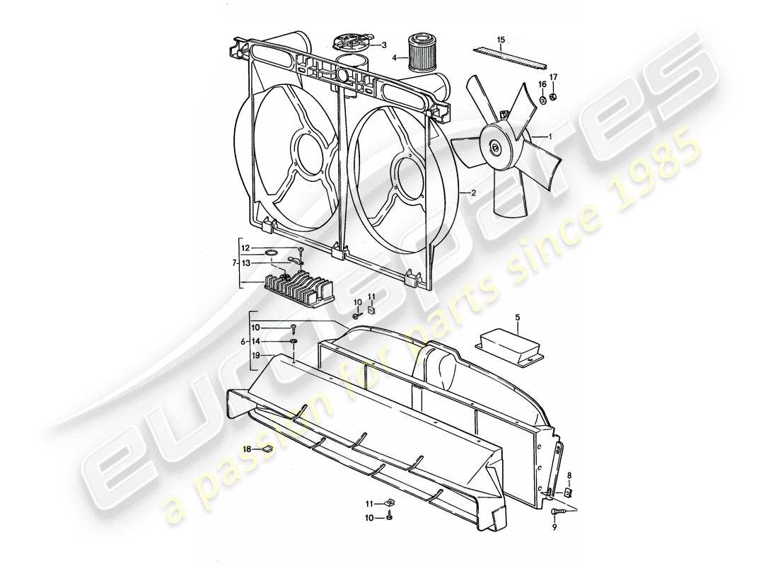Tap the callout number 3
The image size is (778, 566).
384,45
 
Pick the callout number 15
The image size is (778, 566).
501,39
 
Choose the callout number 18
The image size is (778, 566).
248,449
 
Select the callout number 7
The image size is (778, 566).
234,263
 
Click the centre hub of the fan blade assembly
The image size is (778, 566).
494,147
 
